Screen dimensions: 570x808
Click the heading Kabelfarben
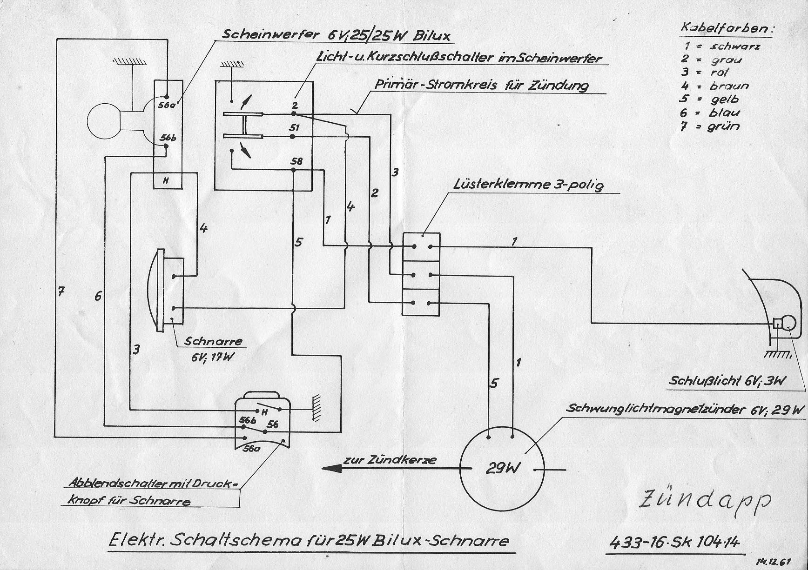[726, 28]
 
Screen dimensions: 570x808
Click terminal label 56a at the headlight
[164, 105]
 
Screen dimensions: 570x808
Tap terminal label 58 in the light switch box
[296, 161]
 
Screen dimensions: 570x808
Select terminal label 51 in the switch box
[294, 127]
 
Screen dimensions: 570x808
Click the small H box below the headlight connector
[166, 181]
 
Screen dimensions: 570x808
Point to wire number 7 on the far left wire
[61, 292]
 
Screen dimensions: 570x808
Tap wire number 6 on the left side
[98, 296]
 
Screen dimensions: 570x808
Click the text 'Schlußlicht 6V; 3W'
[727, 381]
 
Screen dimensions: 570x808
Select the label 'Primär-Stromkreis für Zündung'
[481, 86]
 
